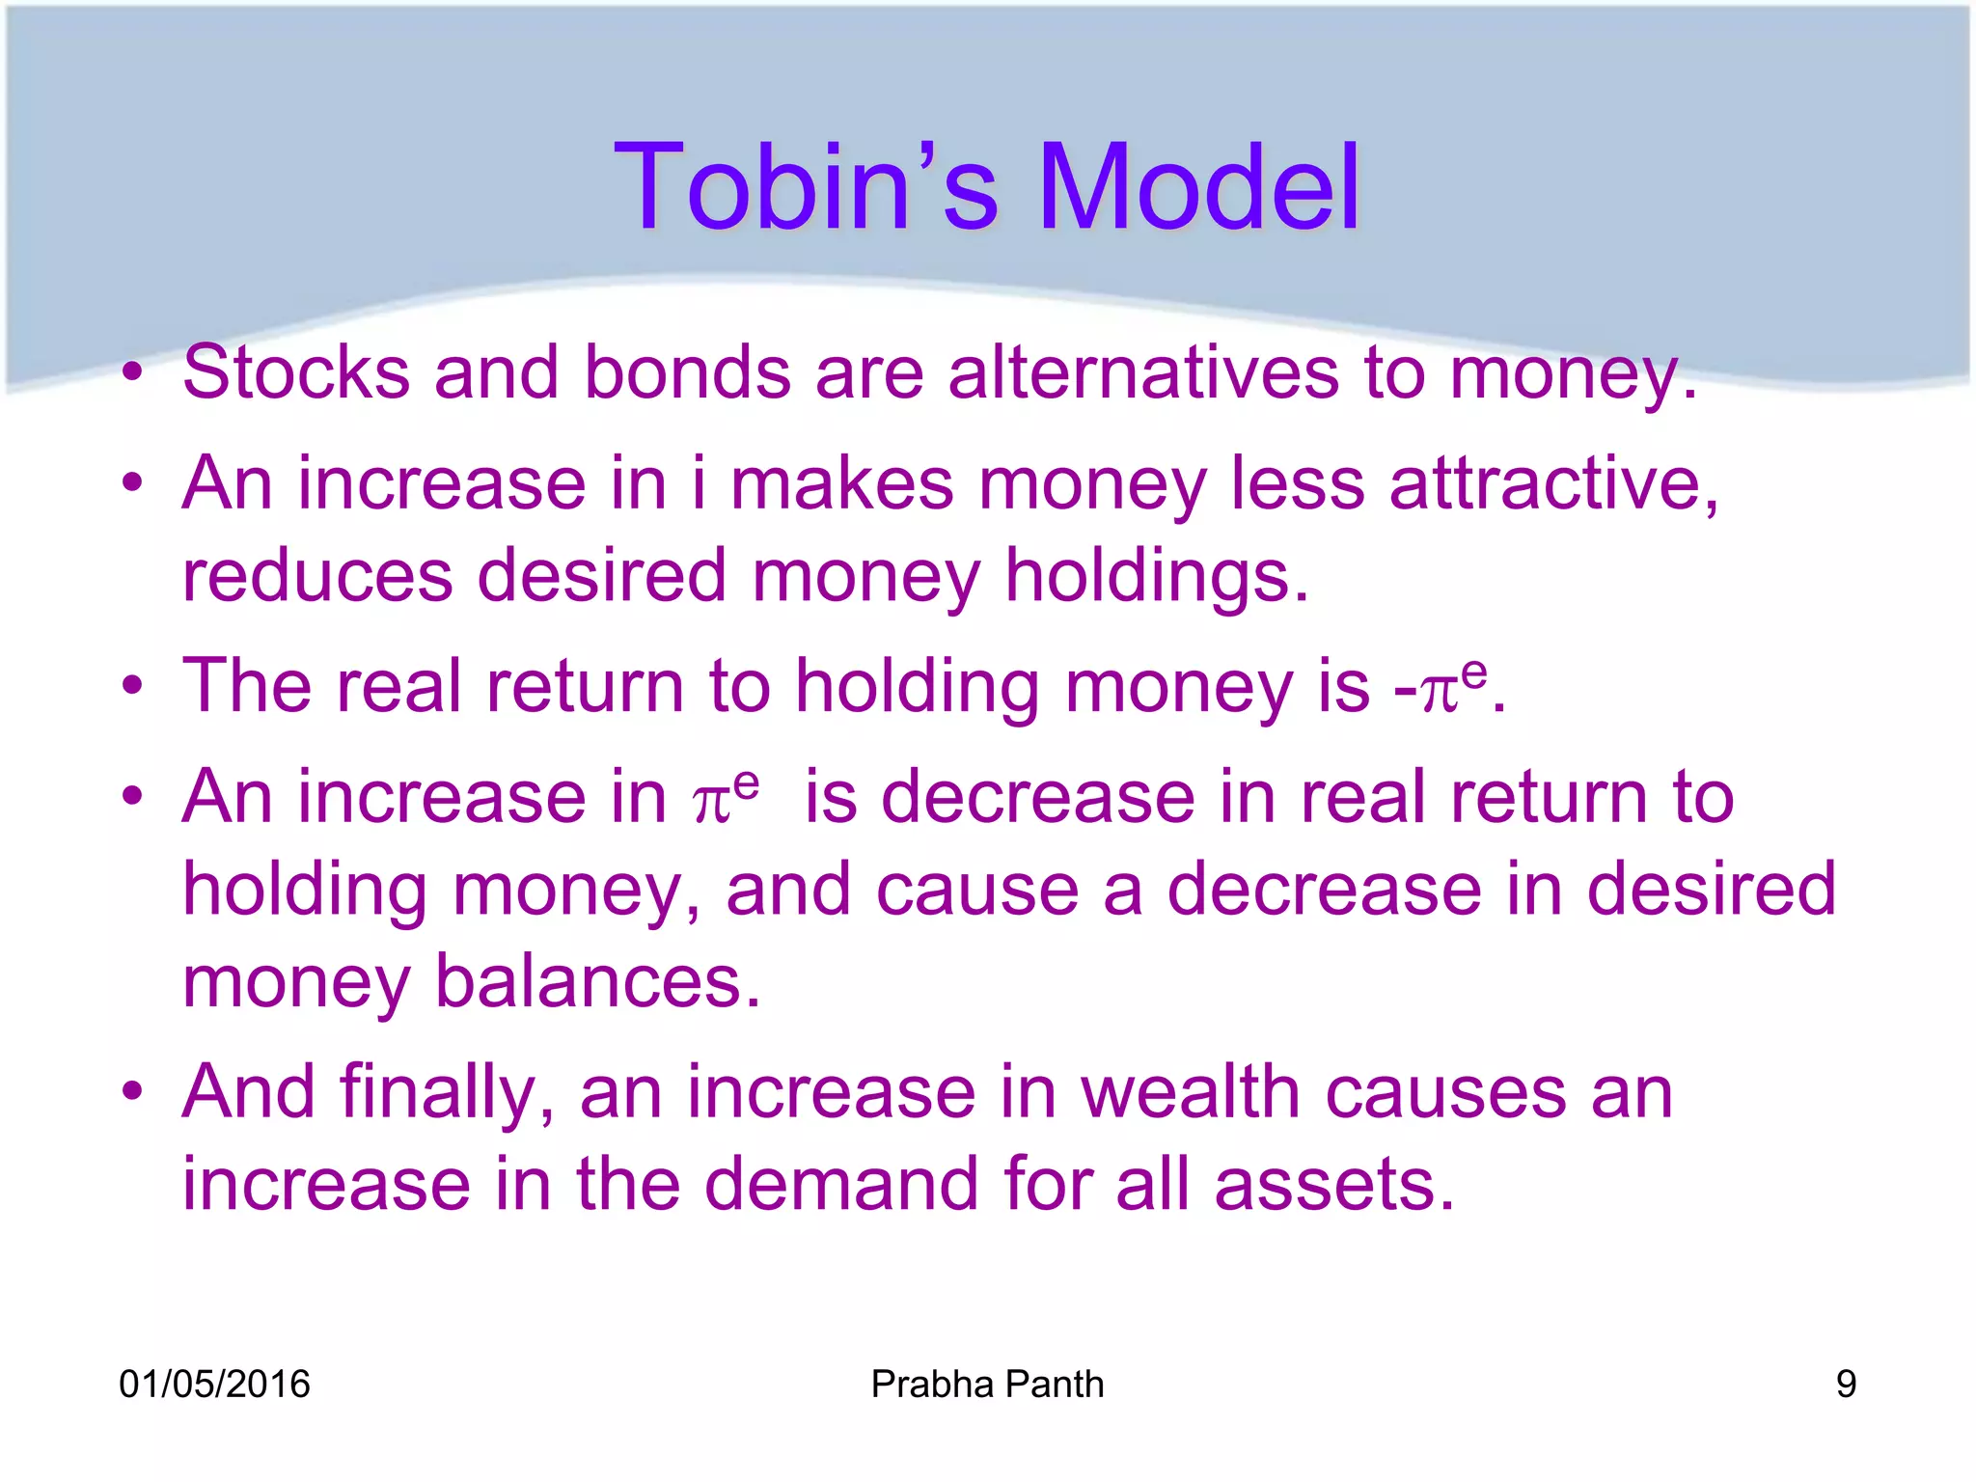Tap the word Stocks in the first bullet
point(295,372)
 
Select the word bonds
point(687,372)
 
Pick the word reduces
point(316,576)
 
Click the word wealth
point(1191,1093)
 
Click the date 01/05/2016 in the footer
point(214,1385)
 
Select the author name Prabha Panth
point(987,1385)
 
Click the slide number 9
point(1846,1385)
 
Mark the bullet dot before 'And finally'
point(133,1093)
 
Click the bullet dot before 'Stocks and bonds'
point(133,372)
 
